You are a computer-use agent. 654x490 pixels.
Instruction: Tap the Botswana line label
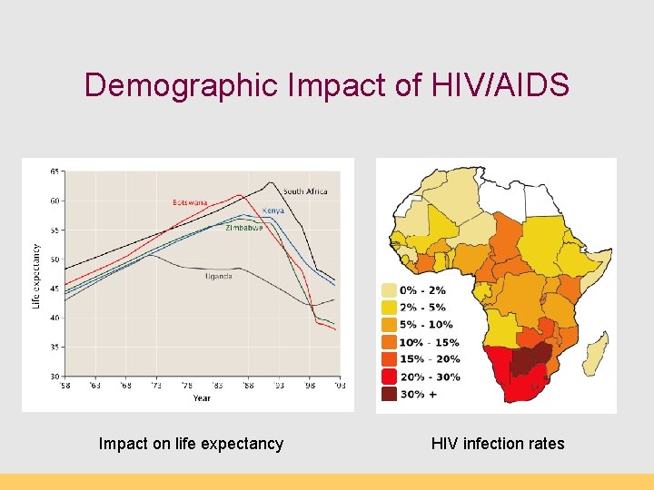[190, 201]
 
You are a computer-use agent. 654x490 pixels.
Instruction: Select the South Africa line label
[304, 191]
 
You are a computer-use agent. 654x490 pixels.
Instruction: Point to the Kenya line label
[273, 211]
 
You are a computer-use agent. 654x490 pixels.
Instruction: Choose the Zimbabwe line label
[244, 228]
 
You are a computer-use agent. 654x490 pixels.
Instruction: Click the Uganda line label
[218, 276]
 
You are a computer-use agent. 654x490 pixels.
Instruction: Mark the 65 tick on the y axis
[55, 171]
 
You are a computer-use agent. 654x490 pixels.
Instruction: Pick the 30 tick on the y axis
[55, 376]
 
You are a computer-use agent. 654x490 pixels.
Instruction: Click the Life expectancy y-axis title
[36, 274]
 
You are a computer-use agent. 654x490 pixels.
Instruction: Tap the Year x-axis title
[202, 397]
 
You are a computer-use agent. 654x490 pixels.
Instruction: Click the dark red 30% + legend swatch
[389, 395]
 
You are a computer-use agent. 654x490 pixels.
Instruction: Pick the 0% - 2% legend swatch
[389, 290]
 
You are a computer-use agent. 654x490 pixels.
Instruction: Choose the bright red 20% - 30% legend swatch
[389, 377]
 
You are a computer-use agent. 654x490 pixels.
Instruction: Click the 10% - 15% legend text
[430, 343]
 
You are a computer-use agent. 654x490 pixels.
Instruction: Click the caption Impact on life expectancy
[191, 444]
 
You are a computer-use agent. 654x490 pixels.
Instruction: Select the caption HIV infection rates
[498, 444]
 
